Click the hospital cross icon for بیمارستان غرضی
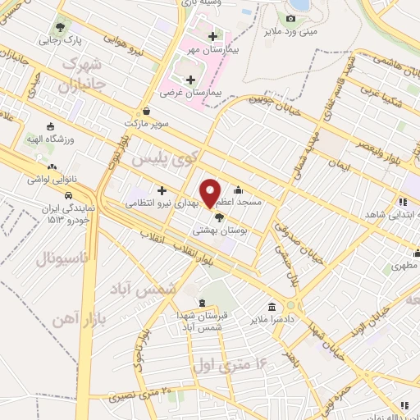click(x=191, y=80)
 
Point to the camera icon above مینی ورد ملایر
click(x=291, y=19)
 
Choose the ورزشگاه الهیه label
click(x=51, y=139)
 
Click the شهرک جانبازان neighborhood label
click(x=79, y=73)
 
